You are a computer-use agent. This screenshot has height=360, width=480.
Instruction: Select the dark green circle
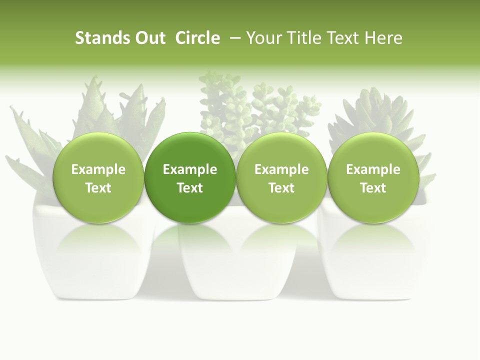[190, 177]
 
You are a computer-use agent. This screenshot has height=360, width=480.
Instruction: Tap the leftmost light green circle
[98, 177]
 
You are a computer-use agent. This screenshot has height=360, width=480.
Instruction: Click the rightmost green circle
[373, 177]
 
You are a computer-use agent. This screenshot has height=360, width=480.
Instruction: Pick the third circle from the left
[281, 177]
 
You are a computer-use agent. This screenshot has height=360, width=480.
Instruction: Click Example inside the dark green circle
[190, 169]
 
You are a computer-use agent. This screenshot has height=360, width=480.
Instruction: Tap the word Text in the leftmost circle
[98, 188]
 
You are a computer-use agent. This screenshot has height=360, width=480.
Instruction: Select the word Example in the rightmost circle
[373, 169]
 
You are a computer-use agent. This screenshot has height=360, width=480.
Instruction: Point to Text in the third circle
[281, 188]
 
